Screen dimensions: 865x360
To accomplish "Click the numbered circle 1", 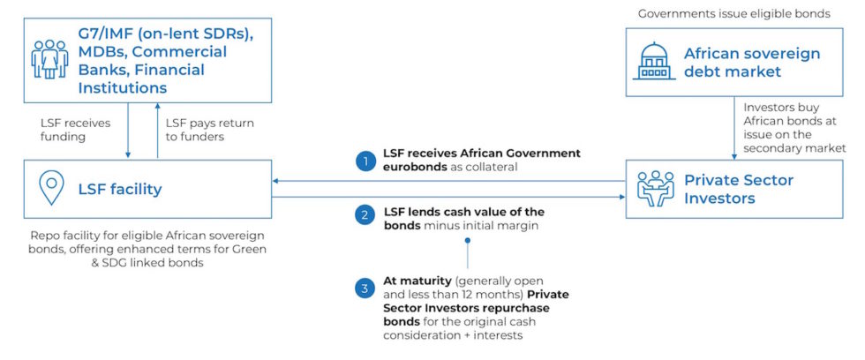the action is pos(365,161).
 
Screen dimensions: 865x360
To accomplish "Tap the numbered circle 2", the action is pos(365,215).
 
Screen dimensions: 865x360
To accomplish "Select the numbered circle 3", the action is pos(365,289).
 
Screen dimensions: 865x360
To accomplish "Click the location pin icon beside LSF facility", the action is pos(51,187).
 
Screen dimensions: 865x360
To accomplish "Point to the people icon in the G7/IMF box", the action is pos(49,58).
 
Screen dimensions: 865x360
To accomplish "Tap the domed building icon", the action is pos(655,61).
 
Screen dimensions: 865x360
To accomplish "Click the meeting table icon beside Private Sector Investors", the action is pos(655,189).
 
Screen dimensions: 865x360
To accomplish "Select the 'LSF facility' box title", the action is pos(120,189).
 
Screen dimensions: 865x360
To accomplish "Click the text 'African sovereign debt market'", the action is pos(752,63).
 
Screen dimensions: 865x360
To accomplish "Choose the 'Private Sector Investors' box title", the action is pos(740,189).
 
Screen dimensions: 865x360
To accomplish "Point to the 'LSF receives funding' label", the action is pos(75,130).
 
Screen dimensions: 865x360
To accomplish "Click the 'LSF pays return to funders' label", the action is pos(210,130).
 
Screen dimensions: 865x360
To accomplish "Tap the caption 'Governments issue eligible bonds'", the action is pos(734,14).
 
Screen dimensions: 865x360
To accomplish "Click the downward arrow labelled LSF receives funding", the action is pos(128,131).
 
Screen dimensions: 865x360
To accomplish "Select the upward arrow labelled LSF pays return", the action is pos(157,131).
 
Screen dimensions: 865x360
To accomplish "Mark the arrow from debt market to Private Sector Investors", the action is pos(734,128).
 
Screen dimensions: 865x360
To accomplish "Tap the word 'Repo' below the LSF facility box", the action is pos(43,236).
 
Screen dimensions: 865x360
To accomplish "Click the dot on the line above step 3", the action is pos(467,241).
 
